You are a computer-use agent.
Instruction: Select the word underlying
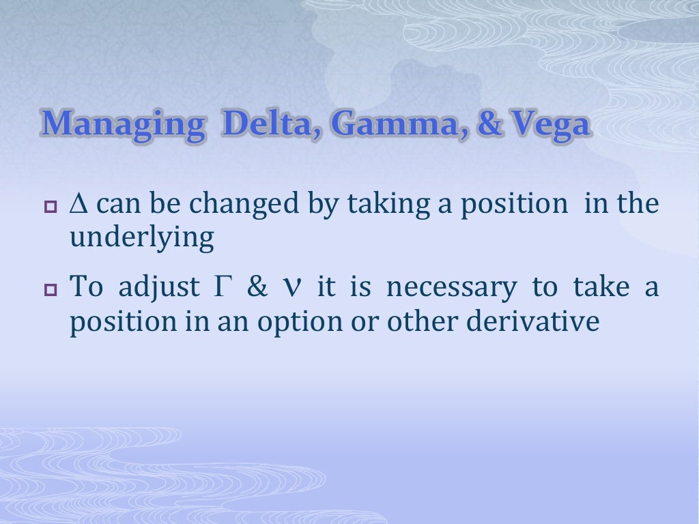pos(142,239)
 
